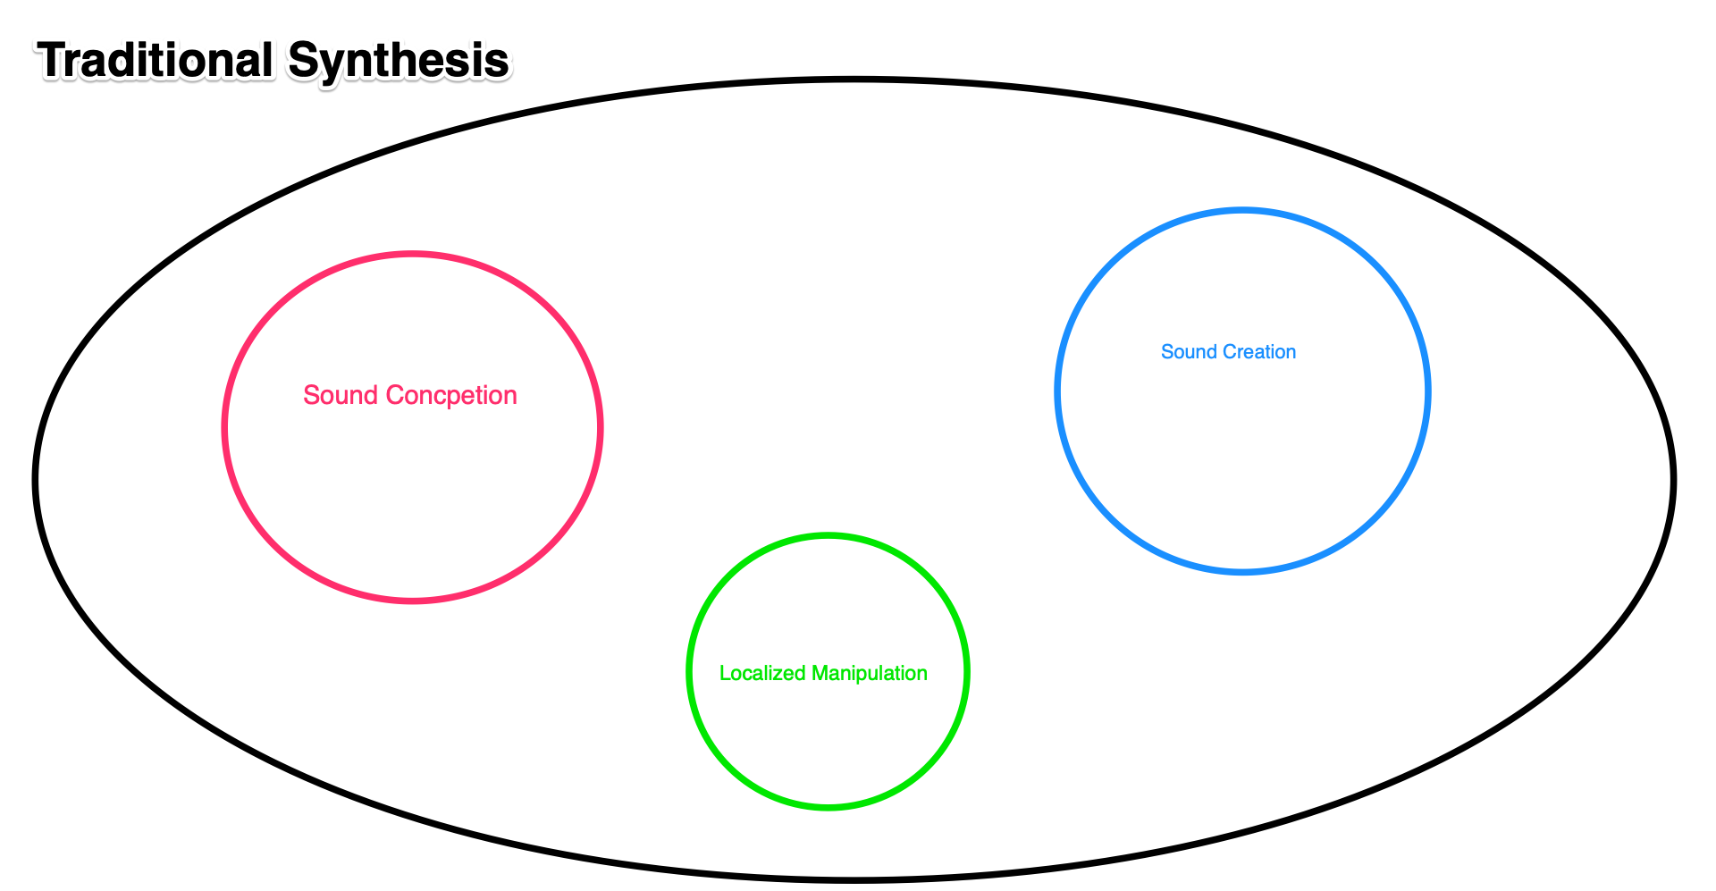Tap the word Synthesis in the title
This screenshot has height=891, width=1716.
399,61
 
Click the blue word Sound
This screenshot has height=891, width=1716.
1189,352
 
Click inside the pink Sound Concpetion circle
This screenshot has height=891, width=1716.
412,483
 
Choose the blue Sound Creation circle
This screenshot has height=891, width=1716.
1242,447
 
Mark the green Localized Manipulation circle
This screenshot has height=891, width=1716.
828,733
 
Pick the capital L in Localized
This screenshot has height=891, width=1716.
724,673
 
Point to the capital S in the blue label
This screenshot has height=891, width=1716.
1166,352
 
